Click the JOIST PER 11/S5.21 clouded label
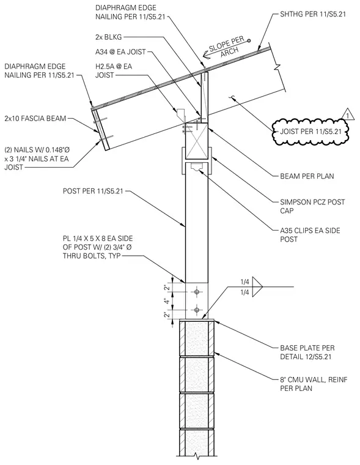(310, 132)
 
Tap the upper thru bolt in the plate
(197, 292)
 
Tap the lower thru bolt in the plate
(197, 310)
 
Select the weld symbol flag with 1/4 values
(257, 287)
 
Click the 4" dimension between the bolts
(167, 301)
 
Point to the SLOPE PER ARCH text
(227, 47)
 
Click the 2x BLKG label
(108, 37)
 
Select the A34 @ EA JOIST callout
(120, 52)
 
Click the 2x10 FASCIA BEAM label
(35, 119)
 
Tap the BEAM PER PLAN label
(307, 176)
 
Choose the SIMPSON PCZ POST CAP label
(312, 206)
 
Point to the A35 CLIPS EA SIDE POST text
(310, 235)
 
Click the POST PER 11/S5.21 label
(93, 191)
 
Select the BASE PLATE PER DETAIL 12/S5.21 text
(307, 352)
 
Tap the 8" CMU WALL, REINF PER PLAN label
(314, 384)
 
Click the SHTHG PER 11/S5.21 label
(313, 14)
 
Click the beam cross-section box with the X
(197, 141)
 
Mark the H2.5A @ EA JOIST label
(114, 70)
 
